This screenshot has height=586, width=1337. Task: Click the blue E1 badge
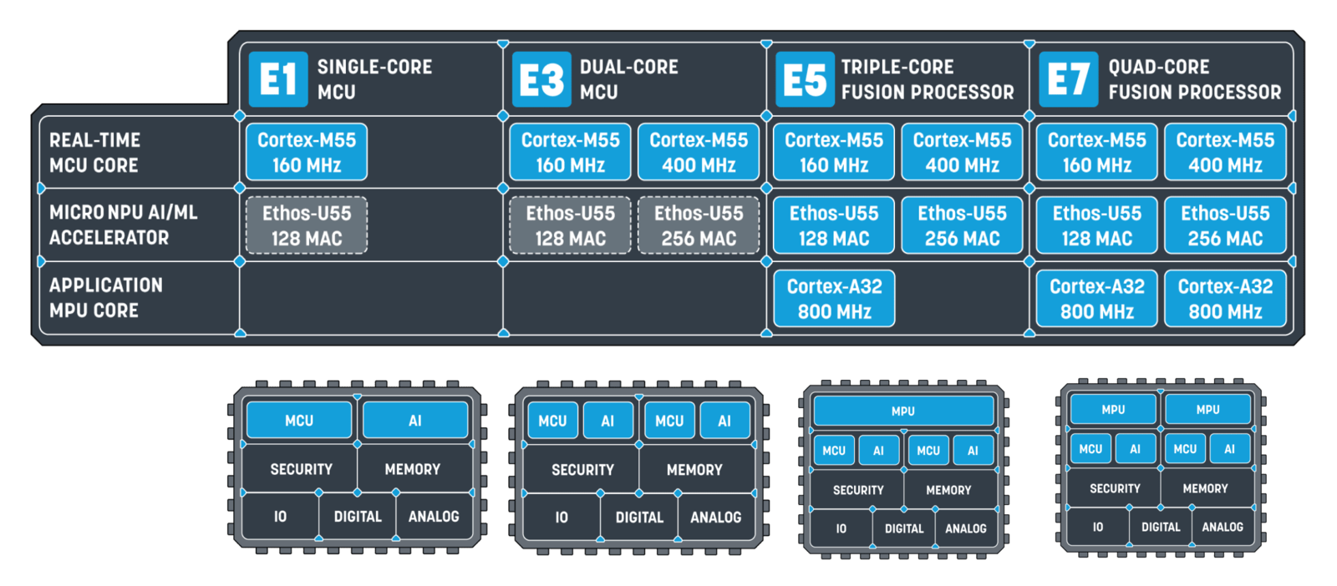click(x=277, y=79)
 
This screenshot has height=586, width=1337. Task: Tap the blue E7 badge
click(x=1068, y=79)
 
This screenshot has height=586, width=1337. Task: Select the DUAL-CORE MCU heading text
click(x=628, y=79)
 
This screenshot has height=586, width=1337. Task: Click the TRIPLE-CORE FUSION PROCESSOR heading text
click(x=927, y=79)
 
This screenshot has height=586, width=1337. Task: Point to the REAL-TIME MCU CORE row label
click(x=94, y=153)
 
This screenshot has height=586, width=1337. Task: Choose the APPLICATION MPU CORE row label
click(x=105, y=298)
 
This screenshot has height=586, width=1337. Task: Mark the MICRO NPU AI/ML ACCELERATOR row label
click(x=123, y=225)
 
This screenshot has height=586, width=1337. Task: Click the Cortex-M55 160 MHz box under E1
click(x=307, y=153)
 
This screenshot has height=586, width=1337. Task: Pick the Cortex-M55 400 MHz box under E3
click(x=699, y=153)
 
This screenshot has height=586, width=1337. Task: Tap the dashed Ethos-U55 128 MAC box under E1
click(x=307, y=225)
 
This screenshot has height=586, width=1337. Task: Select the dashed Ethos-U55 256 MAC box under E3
click(x=699, y=225)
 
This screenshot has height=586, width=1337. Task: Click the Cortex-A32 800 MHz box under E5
click(x=834, y=299)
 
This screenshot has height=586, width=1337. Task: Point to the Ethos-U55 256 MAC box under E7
click(x=1225, y=225)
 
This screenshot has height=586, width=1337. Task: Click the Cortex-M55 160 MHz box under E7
click(x=1096, y=153)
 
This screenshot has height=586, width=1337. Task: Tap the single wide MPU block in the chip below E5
click(x=903, y=411)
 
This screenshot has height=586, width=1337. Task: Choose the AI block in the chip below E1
click(x=415, y=421)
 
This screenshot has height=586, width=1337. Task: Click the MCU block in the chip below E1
click(x=299, y=421)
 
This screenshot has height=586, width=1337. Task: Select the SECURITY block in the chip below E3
click(x=582, y=470)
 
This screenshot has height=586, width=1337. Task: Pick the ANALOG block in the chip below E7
click(x=1223, y=527)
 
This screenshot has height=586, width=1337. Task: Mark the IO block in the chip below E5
click(x=841, y=528)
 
